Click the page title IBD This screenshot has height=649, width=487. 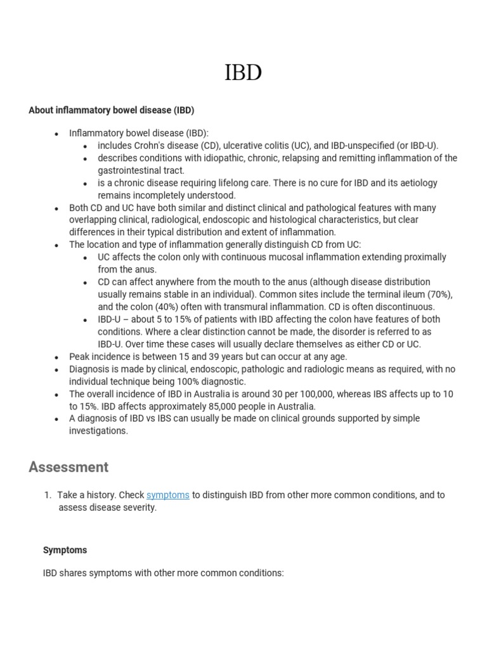pyautogui.click(x=243, y=73)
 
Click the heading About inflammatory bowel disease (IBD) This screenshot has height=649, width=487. pyautogui.click(x=111, y=110)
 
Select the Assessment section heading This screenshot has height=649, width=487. pyautogui.click(x=68, y=467)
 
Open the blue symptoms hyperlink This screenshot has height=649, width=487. pyautogui.click(x=167, y=495)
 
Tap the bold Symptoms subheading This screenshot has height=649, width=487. pyautogui.click(x=65, y=549)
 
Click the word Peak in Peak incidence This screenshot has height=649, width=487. pyautogui.click(x=80, y=357)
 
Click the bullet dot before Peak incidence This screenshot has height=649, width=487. pyautogui.click(x=56, y=357)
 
